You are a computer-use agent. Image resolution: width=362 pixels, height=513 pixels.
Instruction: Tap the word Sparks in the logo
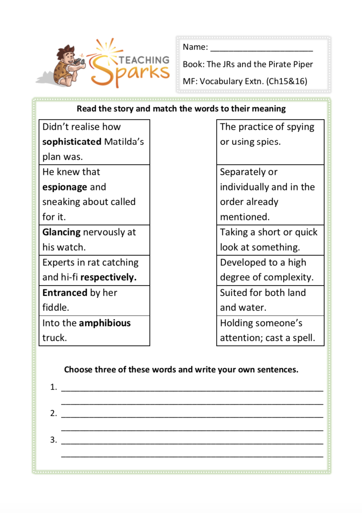click(x=129, y=74)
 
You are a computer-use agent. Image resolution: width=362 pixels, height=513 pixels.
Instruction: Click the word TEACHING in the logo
click(x=144, y=60)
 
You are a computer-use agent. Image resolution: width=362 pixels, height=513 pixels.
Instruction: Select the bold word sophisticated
click(x=72, y=142)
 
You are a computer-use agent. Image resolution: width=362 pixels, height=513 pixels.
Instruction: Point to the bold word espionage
click(x=65, y=187)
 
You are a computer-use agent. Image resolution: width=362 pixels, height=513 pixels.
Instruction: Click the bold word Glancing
click(x=61, y=232)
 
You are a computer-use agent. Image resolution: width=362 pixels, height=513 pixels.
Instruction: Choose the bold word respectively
click(x=108, y=278)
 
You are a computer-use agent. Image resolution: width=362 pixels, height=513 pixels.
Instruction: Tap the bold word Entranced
click(x=65, y=293)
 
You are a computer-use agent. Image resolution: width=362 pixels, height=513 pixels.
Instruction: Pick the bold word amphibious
click(x=105, y=323)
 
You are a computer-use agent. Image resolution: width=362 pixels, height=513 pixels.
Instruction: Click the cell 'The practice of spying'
click(x=270, y=142)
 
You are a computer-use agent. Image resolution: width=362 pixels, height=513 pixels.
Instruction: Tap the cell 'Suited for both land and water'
click(x=270, y=300)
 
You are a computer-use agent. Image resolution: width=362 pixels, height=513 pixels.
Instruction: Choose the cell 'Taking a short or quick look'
click(x=270, y=240)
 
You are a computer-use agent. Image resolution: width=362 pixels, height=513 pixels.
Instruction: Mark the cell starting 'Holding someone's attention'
click(x=270, y=330)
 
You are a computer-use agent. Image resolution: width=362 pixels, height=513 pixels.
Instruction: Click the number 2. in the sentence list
click(x=54, y=413)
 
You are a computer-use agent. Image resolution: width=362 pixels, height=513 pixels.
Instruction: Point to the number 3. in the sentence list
click(x=54, y=440)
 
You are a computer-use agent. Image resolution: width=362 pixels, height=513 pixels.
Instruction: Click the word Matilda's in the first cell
click(x=124, y=142)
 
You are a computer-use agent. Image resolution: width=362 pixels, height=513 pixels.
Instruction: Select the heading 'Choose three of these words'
click(x=181, y=370)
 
